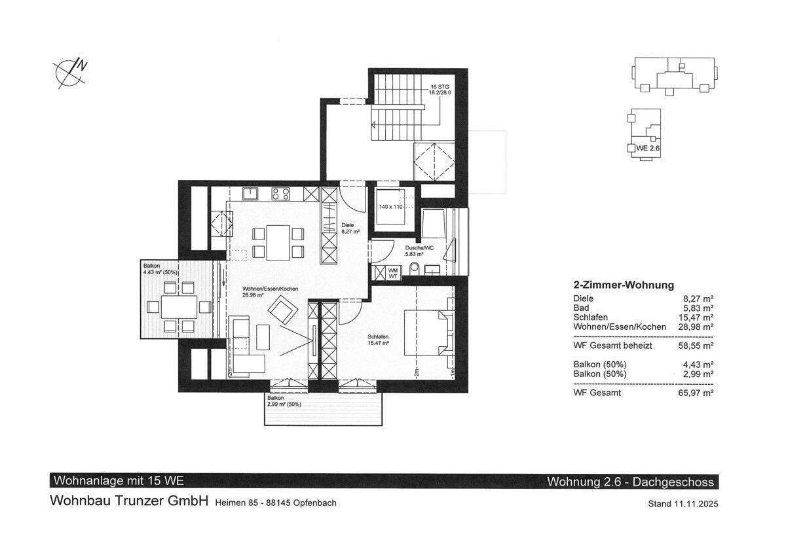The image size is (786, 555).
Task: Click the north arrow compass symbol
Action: pyautogui.click(x=70, y=74)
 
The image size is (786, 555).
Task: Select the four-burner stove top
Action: pyautogui.click(x=281, y=194)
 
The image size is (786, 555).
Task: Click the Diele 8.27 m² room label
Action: pyautogui.click(x=350, y=228)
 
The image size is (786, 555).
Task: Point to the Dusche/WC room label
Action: pyautogui.click(x=419, y=251)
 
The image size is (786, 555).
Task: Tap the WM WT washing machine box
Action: pyautogui.click(x=393, y=274)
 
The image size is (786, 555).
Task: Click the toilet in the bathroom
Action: pyautogui.click(x=415, y=269)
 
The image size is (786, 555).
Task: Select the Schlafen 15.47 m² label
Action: pyautogui.click(x=378, y=340)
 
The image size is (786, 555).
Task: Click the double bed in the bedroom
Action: pyautogui.click(x=429, y=332)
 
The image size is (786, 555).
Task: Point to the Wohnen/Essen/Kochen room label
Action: pyautogui.click(x=270, y=292)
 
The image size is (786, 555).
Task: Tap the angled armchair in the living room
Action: pyautogui.click(x=283, y=310)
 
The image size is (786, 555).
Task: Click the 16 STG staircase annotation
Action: pyautogui.click(x=440, y=90)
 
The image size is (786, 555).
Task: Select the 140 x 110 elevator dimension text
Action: pyautogui.click(x=390, y=207)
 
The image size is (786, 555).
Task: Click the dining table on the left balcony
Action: pyautogui.click(x=179, y=307)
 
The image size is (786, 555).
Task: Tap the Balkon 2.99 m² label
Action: pyautogui.click(x=284, y=401)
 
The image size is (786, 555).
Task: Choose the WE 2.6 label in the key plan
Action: pyautogui.click(x=648, y=149)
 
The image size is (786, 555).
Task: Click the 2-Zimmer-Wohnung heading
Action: pyautogui.click(x=624, y=285)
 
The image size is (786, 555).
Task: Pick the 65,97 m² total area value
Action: pyautogui.click(x=696, y=393)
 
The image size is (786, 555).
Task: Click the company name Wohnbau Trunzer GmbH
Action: pyautogui.click(x=129, y=501)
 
